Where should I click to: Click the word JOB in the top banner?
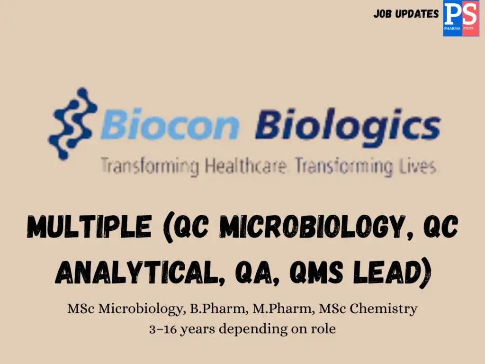pos(383,14)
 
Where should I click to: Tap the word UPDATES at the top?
pos(417,14)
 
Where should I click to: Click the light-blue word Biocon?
pos(170,124)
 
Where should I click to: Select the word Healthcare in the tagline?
pos(246,167)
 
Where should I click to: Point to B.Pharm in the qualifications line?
pos(209,309)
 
